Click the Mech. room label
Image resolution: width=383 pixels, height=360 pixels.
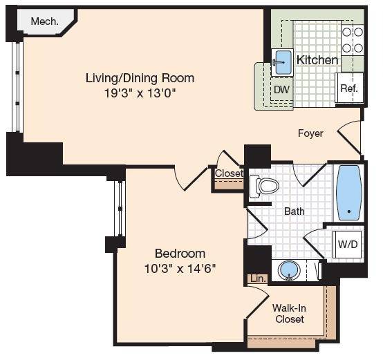(x=45, y=21)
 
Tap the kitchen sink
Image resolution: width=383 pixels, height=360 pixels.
(x=283, y=62)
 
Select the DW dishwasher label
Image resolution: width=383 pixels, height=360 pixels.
(x=281, y=90)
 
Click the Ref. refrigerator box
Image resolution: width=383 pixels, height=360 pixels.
(x=349, y=88)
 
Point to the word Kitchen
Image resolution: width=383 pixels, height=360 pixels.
(x=317, y=60)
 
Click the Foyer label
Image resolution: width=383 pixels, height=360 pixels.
(x=310, y=133)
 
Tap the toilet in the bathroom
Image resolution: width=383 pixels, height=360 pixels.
(x=264, y=187)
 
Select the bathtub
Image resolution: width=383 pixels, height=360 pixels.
(x=349, y=193)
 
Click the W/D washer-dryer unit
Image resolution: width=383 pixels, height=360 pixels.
(x=348, y=244)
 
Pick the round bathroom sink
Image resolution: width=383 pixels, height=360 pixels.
(x=290, y=270)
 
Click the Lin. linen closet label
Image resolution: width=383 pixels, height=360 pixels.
(x=258, y=278)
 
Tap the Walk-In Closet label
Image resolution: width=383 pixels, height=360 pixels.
(x=290, y=314)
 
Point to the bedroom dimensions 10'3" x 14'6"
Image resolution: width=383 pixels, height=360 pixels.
(x=180, y=269)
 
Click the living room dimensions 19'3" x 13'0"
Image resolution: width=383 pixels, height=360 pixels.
(x=140, y=93)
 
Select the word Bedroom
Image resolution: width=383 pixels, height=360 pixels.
(x=180, y=254)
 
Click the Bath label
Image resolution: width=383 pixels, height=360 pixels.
(x=295, y=211)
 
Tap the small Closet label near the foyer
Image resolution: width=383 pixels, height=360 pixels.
(x=229, y=173)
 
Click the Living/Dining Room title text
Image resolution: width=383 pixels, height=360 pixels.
(x=140, y=78)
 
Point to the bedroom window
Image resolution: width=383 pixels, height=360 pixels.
(x=120, y=209)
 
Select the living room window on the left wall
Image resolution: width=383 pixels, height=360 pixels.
(x=17, y=87)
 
